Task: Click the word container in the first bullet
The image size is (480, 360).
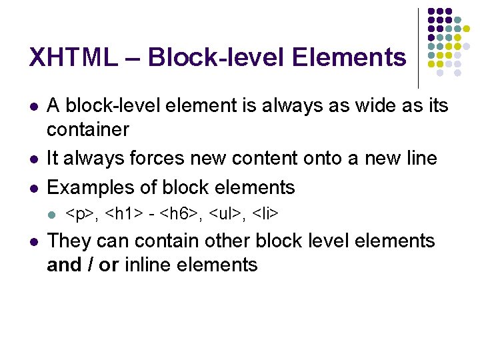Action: (88, 129)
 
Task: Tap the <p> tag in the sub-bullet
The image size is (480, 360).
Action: (80, 214)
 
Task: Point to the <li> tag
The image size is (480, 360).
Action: (265, 214)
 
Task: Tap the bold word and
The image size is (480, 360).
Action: (65, 265)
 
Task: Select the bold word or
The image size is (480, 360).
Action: (109, 265)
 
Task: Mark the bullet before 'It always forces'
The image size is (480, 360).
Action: (33, 159)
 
